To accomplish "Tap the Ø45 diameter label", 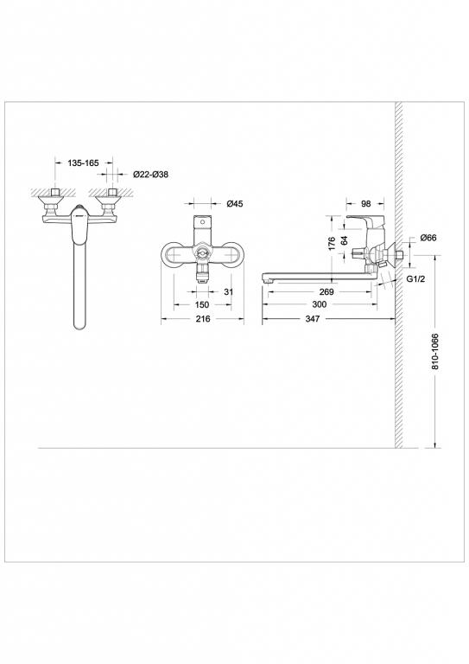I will coord(235,204).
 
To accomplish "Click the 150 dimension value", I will coord(201,305).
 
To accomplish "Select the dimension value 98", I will coord(365,204).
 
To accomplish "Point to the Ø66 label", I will coord(428,239).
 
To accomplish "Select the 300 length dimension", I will coord(320,305).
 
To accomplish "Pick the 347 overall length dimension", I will coord(329,320).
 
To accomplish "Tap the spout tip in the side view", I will coord(268,278).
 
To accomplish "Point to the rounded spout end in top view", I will coord(78,324).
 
